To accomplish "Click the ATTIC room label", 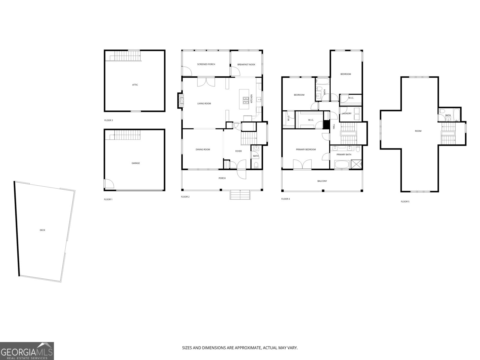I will (x=135, y=85).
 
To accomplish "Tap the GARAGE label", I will (x=136, y=163).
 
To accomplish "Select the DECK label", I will (x=43, y=230).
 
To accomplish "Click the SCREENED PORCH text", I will (x=206, y=64).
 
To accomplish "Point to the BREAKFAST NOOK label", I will (x=246, y=64).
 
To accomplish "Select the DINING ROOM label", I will (x=203, y=149).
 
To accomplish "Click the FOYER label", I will (x=238, y=151).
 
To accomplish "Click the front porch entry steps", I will (x=240, y=195).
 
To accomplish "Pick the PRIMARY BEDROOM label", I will (x=306, y=149).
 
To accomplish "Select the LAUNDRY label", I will (x=346, y=113).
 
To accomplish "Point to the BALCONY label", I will (x=322, y=181).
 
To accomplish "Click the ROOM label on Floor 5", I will (x=418, y=131).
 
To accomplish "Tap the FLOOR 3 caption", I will (x=109, y=120).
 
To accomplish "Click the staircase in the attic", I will (x=124, y=56).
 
